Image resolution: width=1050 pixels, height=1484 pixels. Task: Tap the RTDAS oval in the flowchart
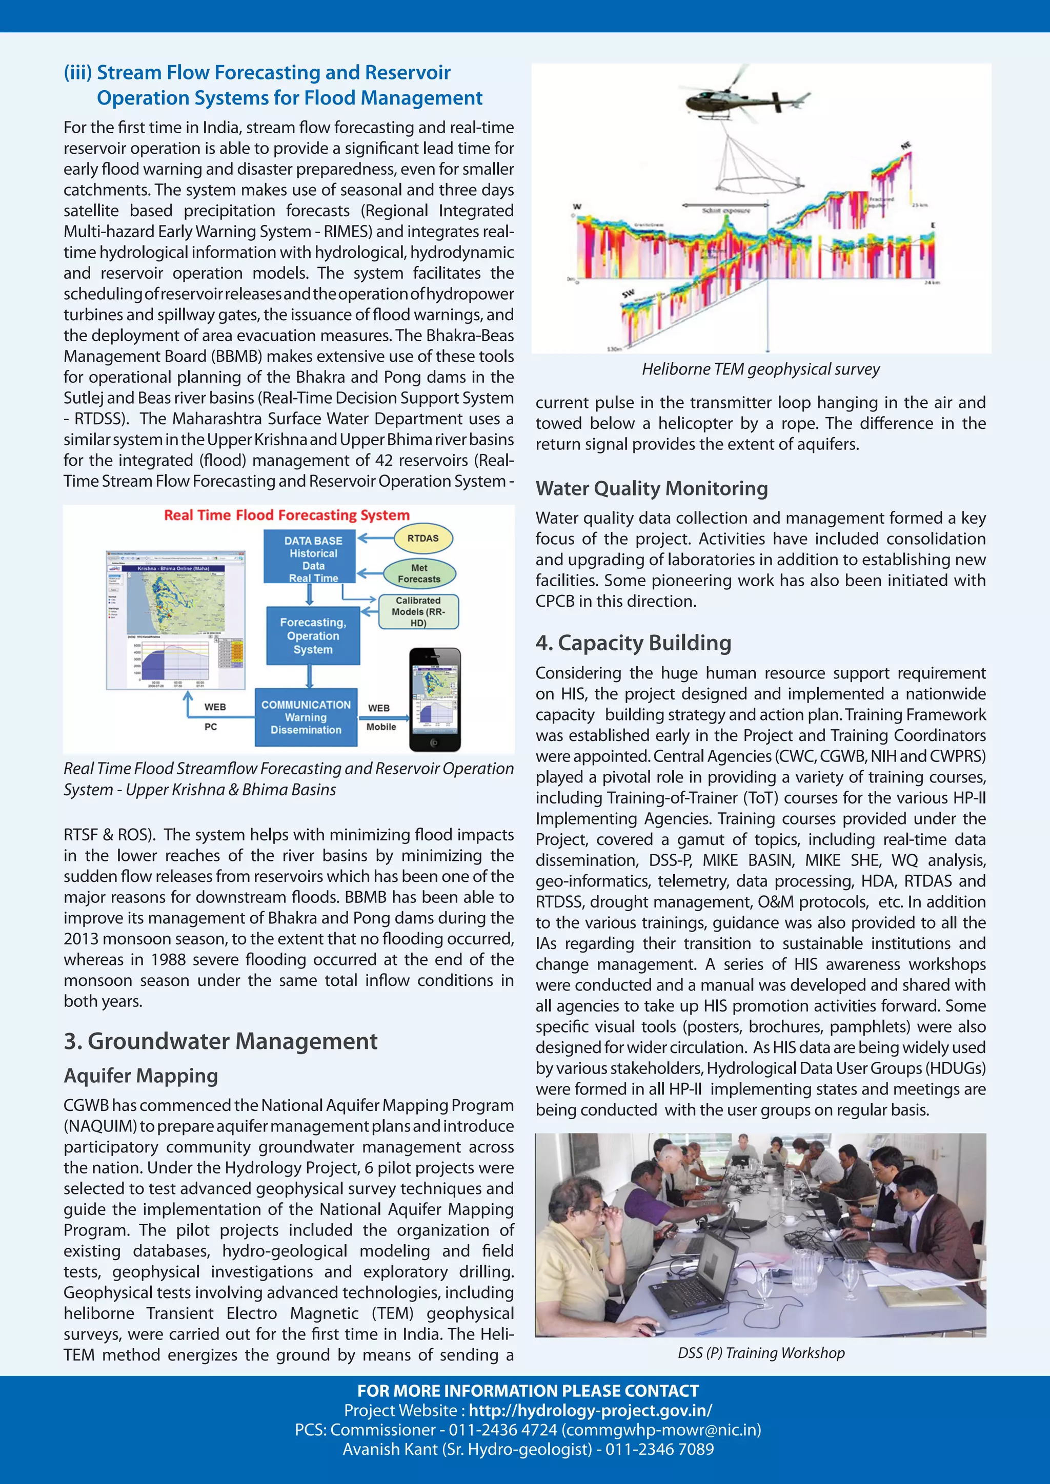(423, 538)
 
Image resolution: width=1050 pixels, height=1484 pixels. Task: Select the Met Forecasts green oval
(419, 573)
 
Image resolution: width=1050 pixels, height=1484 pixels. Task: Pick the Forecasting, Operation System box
(313, 635)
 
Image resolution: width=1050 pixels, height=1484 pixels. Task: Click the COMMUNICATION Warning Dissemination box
(306, 717)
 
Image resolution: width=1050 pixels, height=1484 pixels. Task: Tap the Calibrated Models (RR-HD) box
(418, 611)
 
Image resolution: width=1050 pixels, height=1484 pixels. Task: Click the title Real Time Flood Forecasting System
(287, 515)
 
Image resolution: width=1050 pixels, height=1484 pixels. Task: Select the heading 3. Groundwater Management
(220, 1041)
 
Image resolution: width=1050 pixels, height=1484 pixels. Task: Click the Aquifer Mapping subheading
(140, 1076)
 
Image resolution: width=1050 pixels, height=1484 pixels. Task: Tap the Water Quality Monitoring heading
(651, 488)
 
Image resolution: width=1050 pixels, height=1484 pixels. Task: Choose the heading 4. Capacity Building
(633, 643)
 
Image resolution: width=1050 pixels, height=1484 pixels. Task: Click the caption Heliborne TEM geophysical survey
(760, 369)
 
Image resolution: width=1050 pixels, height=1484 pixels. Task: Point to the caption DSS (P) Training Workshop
(761, 1353)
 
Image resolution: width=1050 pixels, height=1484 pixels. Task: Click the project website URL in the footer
(590, 1410)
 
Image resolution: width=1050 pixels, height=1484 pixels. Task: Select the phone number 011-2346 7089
(659, 1449)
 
